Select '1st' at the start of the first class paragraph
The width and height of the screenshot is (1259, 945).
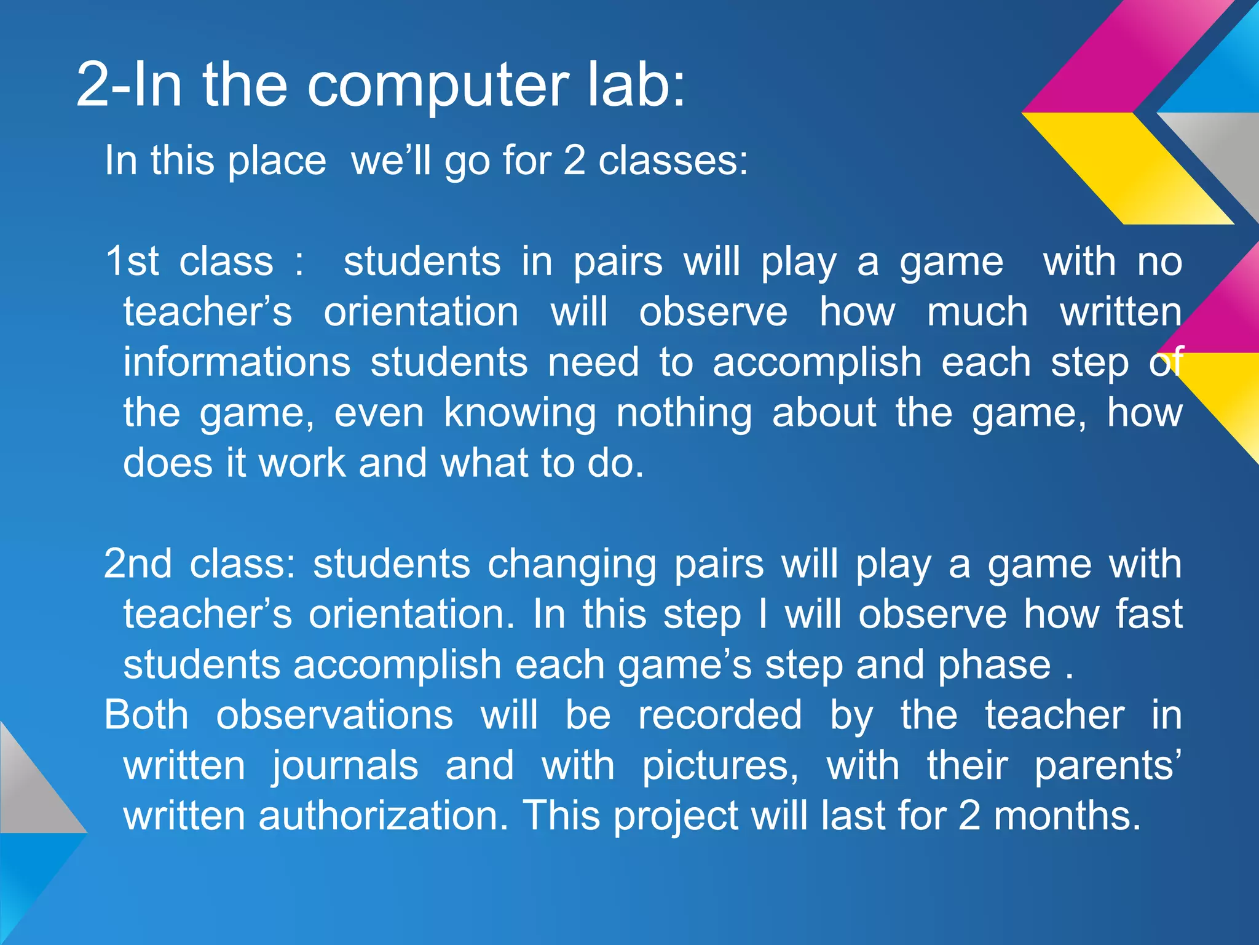pyautogui.click(x=132, y=261)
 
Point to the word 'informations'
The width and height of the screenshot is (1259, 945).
pyautogui.click(x=237, y=362)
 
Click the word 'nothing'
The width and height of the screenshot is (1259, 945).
pyautogui.click(x=684, y=413)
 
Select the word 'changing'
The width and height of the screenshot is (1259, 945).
pyautogui.click(x=571, y=565)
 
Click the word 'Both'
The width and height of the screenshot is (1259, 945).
pyautogui.click(x=146, y=715)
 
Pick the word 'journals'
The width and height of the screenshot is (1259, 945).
pyautogui.click(x=345, y=767)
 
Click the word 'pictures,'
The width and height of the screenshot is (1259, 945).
pyautogui.click(x=720, y=767)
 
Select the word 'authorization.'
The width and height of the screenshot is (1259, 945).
pyautogui.click(x=383, y=816)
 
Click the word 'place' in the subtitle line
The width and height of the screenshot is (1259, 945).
pyautogui.click(x=277, y=161)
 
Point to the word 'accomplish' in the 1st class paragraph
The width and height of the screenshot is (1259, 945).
pyautogui.click(x=817, y=363)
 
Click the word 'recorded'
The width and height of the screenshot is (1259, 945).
pyautogui.click(x=719, y=715)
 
